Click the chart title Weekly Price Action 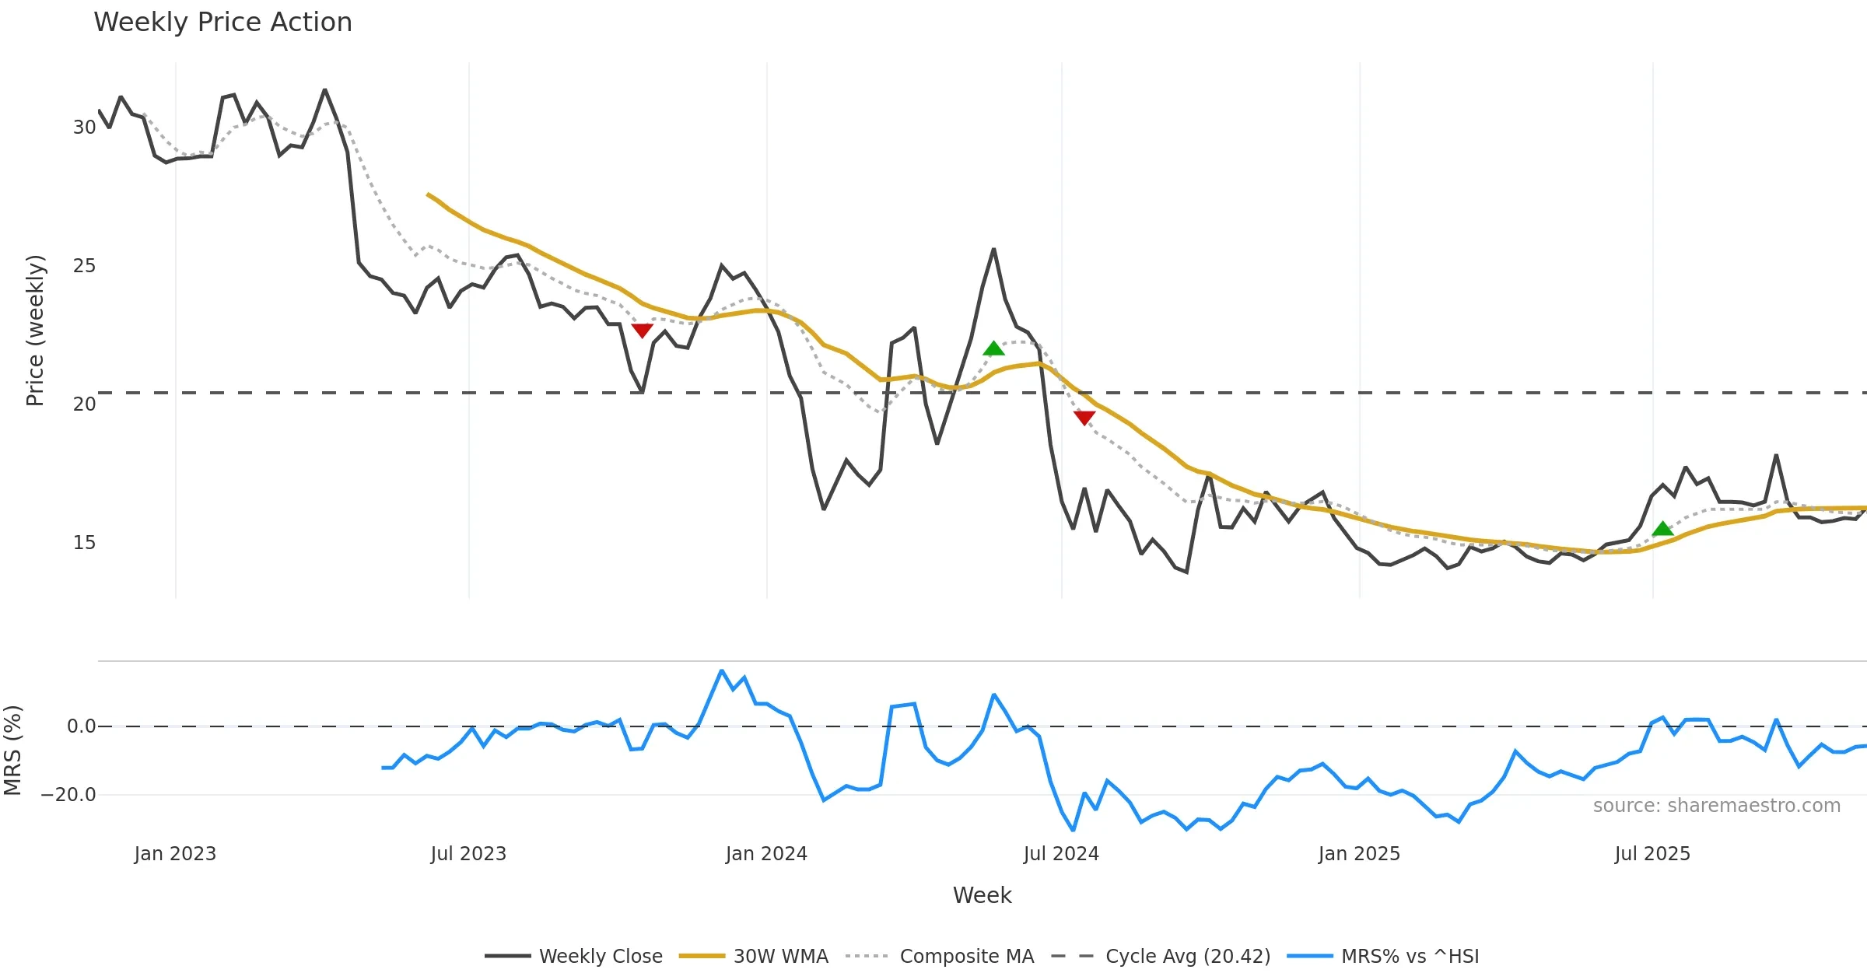pos(222,23)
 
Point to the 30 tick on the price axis pos(84,128)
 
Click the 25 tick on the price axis pos(84,266)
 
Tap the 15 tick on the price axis pos(84,543)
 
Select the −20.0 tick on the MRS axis pos(68,795)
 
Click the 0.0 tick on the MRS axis pos(81,726)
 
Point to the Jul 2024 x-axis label pos(1061,854)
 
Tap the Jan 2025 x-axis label pos(1359,854)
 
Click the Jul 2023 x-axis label pos(468,854)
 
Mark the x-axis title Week pos(982,895)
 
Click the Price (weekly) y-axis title pos(35,331)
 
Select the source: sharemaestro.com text pos(1716,806)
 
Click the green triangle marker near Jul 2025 pos(1662,529)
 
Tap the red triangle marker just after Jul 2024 pos(1084,418)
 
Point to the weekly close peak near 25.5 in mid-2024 pos(993,249)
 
